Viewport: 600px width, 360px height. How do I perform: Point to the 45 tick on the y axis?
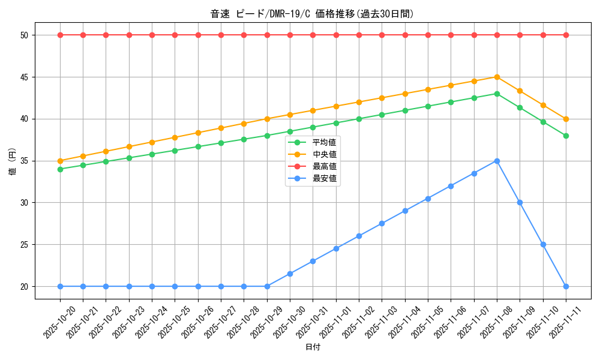tap(25, 77)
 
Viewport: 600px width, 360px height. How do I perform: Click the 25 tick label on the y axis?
tap(25, 245)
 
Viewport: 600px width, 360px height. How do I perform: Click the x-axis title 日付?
tap(312, 347)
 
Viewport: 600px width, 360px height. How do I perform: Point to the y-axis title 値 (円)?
tap(12, 161)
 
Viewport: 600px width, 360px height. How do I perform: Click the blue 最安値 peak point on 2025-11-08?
tap(497, 161)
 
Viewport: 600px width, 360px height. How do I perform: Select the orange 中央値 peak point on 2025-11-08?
tap(497, 77)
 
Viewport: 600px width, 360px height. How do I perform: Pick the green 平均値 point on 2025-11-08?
tap(497, 94)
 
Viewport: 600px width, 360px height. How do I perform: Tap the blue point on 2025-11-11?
tap(566, 286)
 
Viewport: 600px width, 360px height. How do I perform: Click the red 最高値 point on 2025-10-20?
tap(60, 35)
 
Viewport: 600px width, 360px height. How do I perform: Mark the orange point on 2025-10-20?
tap(60, 161)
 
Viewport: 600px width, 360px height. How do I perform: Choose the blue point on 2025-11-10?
tap(543, 244)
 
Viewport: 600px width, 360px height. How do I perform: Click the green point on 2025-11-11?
tap(566, 136)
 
